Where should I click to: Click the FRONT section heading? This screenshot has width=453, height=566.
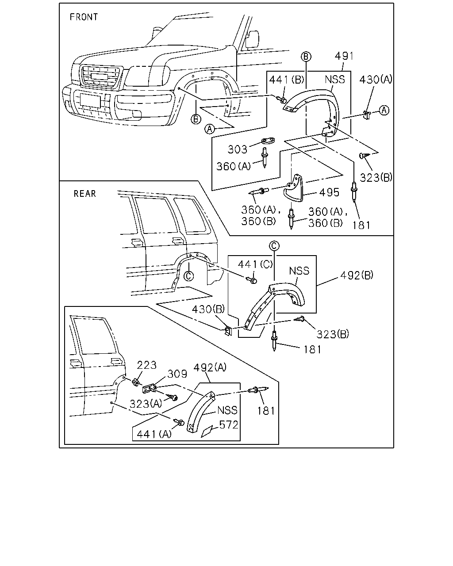coord(84,17)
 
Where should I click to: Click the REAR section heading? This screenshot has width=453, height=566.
coord(84,194)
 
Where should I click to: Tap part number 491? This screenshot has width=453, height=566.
coord(344,56)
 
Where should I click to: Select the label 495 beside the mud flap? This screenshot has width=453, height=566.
coord(329,192)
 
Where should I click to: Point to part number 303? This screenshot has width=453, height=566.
coord(238,149)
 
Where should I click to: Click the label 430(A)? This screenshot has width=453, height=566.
coord(376,80)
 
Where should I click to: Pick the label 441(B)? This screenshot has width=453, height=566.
coord(286,80)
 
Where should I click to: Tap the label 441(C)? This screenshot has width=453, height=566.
coord(255,264)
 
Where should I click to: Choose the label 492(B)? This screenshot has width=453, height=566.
coord(357,275)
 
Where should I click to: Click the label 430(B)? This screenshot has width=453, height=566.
coord(208,309)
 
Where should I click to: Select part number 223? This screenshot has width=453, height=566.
coord(146,365)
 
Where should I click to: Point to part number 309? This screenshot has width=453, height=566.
coord(177,374)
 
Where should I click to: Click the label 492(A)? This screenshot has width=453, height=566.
coord(210,367)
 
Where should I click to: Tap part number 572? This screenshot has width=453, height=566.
coord(228,425)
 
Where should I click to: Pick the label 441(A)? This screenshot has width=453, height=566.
coord(154,434)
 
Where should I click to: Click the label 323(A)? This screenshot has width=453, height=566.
coord(146,404)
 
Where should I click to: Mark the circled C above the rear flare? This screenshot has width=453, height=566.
coord(274,246)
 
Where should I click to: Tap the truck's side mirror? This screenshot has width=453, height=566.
coord(252,39)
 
